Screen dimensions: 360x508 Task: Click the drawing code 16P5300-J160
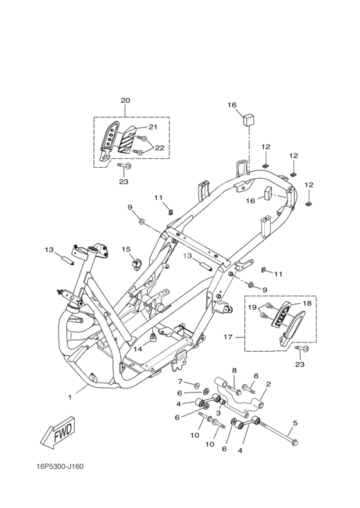60,467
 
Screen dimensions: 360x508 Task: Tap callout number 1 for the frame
70,397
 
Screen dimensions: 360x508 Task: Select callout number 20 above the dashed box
125,100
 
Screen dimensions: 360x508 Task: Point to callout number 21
153,127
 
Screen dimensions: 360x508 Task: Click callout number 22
159,148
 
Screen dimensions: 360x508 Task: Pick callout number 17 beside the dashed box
228,337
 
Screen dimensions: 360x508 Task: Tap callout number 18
307,304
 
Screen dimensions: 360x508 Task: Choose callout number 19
253,307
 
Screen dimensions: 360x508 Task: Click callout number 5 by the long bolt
295,423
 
